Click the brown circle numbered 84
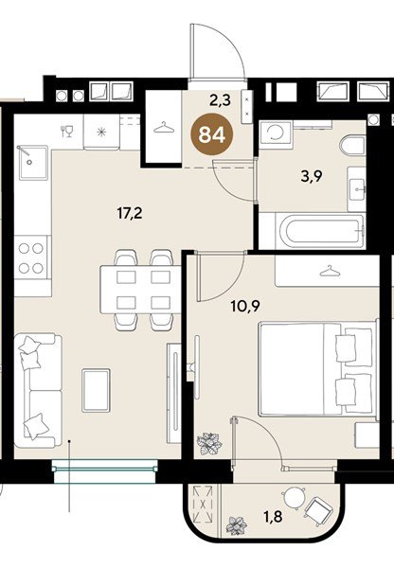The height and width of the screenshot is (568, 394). pos(212,135)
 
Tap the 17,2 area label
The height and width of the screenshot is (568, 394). pos(130,213)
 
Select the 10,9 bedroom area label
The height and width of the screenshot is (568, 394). pos(245,307)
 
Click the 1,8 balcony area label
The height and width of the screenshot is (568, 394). pos(274,517)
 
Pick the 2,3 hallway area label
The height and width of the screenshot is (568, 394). pos(221,99)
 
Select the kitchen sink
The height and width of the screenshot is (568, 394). pos(32,163)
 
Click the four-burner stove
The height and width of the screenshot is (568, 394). pos(31,257)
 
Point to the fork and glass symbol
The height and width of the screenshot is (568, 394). pos(67,131)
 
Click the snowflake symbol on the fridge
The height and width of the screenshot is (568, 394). pos(101,132)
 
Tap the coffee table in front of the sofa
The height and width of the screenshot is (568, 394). pos(96,390)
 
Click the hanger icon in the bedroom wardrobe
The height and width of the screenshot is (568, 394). pos(330,271)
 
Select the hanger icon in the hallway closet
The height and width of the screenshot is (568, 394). pos(164,128)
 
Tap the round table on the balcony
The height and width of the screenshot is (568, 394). pos(295,498)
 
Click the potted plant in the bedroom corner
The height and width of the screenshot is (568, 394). pos(208,443)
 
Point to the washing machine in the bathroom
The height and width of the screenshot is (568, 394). pos(275,134)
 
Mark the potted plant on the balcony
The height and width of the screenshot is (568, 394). pos(237,526)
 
